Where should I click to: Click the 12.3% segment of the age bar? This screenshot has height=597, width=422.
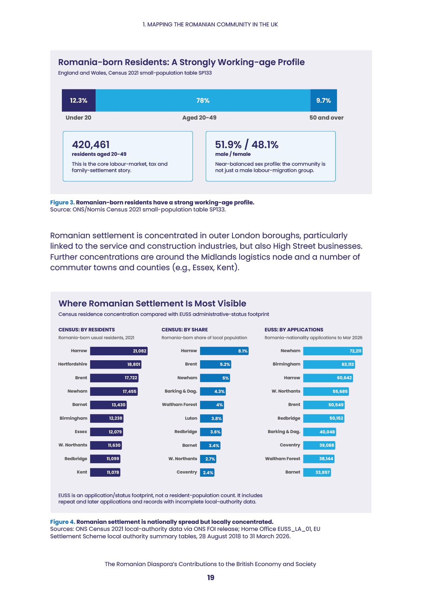tap(78, 100)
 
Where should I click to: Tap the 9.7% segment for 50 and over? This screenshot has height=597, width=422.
tap(324, 100)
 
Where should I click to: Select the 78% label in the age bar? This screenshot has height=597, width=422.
tap(203, 101)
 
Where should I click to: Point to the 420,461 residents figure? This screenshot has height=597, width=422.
tap(91, 145)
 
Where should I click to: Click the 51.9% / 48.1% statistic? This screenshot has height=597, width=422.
tap(247, 145)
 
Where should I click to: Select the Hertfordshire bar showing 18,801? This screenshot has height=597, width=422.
tap(116, 364)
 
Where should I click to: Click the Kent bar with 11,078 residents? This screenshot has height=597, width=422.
tap(105, 472)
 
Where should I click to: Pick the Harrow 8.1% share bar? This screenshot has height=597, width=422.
tap(224, 351)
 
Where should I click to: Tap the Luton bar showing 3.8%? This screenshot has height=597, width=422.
tap(212, 418)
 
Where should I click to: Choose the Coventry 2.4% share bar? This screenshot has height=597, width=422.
tap(207, 472)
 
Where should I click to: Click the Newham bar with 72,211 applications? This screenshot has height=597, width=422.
tap(333, 351)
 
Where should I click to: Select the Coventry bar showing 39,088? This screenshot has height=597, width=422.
tap(319, 445)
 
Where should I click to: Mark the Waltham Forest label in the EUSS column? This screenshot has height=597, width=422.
tap(282, 459)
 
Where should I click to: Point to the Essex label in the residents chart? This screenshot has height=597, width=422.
tap(81, 432)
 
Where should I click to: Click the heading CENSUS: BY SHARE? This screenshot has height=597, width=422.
tap(185, 330)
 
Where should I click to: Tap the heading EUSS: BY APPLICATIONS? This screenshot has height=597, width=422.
tap(294, 330)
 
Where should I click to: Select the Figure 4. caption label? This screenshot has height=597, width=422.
tap(63, 522)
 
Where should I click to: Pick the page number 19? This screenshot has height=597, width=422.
tap(211, 578)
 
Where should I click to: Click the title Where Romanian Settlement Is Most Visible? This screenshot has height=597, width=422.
tap(152, 304)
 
